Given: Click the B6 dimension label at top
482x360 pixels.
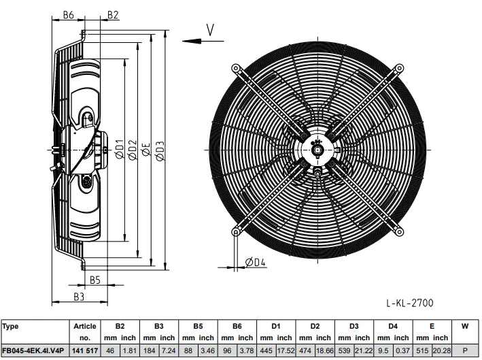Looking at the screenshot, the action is click(69, 14).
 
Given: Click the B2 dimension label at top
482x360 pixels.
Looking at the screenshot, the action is click(113, 14).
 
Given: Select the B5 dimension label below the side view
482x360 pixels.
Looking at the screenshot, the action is click(95, 280).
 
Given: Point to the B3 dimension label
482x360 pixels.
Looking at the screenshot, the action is click(79, 297).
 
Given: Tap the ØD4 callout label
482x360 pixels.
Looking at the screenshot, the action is click(255, 262).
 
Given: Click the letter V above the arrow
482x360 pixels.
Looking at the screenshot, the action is click(210, 30).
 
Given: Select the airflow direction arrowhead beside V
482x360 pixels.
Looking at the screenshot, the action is click(192, 41).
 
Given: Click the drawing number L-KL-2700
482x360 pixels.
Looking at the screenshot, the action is click(410, 303).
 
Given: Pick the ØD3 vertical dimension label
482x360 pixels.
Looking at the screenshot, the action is click(160, 151).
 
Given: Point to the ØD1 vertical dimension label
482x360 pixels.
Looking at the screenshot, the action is click(119, 149).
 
